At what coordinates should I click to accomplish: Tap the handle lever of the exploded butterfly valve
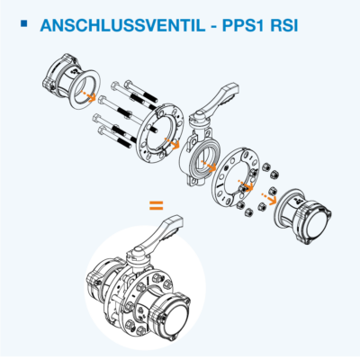[220, 97]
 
